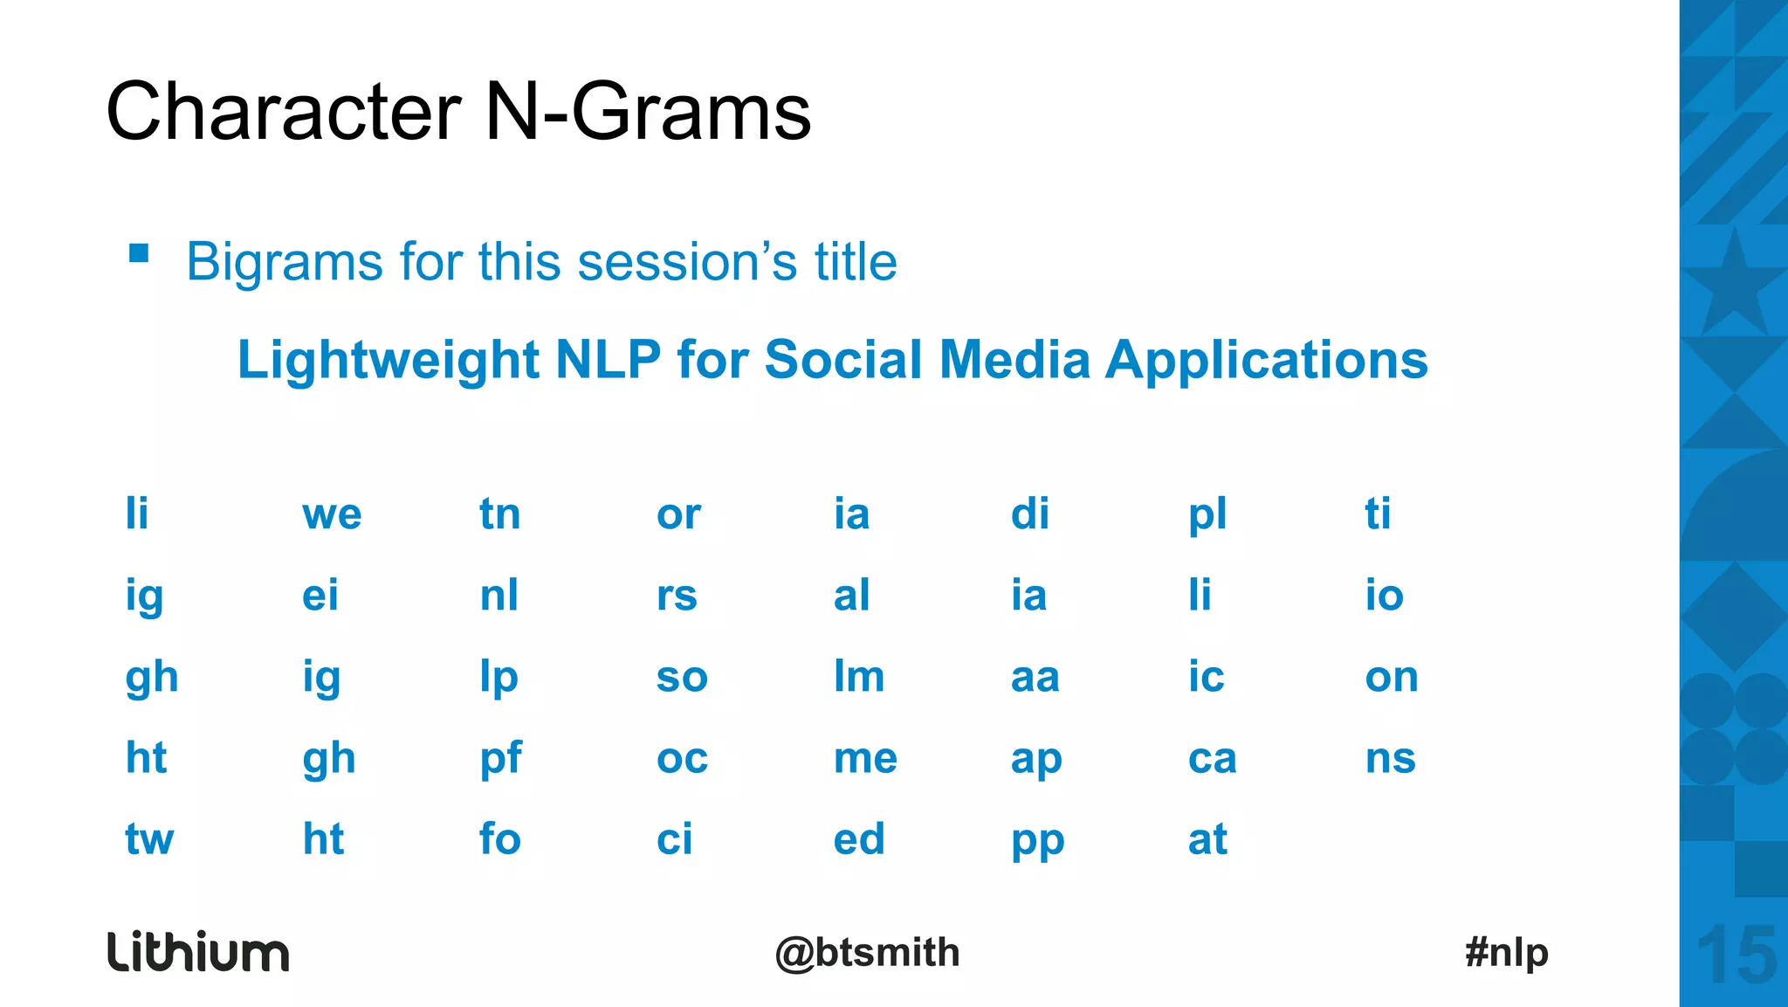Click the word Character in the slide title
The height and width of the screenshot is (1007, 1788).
coord(283,112)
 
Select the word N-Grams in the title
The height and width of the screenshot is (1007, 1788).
coord(647,112)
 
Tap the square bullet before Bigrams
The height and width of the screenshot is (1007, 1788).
coord(139,253)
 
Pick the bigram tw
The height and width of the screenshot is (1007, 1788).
coord(149,839)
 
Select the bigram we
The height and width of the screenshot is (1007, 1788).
coord(332,514)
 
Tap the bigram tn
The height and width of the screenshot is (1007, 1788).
coord(499,514)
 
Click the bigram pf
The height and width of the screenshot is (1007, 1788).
coord(500,759)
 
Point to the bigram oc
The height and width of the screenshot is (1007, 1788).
coord(682,759)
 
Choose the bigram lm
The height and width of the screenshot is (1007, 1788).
coord(859,677)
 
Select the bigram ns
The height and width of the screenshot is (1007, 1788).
coord(1390,759)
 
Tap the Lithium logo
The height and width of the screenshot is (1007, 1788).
coord(198,952)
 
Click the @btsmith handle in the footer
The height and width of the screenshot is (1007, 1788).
coord(867,953)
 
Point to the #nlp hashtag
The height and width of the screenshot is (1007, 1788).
coord(1506,952)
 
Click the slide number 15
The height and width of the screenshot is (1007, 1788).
coord(1736,955)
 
